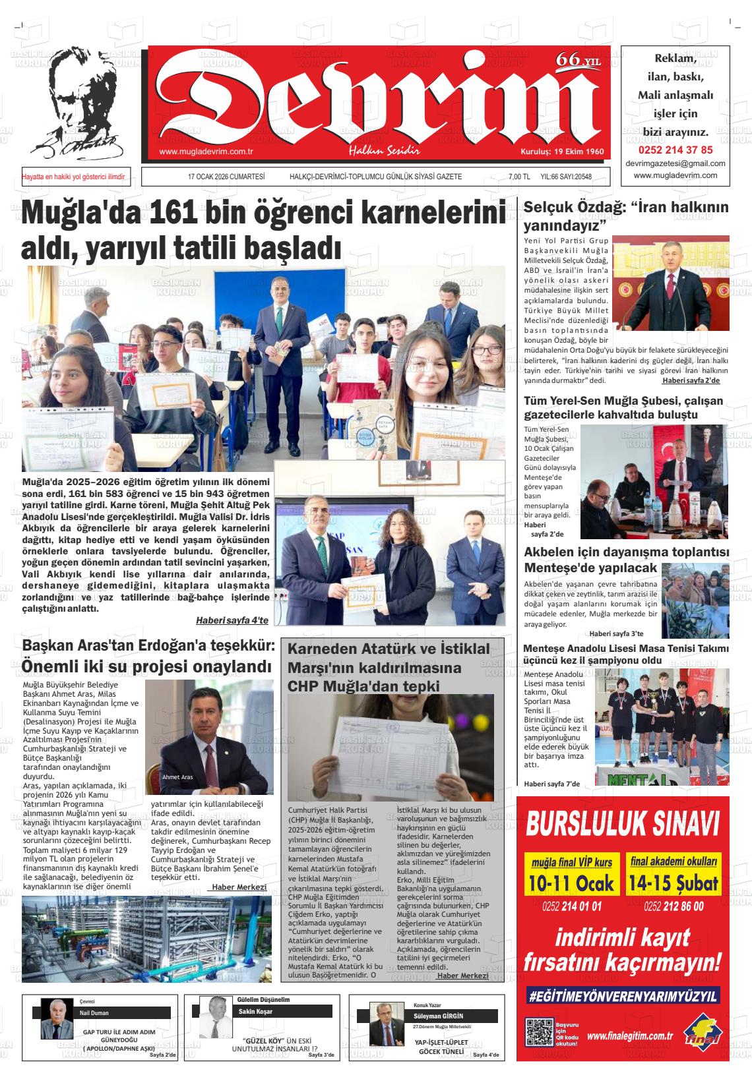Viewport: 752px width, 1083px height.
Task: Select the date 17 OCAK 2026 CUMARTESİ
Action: (x=226, y=177)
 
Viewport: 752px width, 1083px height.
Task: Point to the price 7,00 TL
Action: (x=518, y=177)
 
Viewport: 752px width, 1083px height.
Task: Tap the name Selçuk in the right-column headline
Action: (x=551, y=207)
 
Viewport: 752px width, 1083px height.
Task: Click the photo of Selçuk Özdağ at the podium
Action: (x=671, y=283)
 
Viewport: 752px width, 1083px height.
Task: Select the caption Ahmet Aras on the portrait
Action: (x=177, y=777)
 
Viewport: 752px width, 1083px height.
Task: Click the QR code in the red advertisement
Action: (x=539, y=1032)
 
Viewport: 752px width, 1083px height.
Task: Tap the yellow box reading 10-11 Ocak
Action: (x=571, y=875)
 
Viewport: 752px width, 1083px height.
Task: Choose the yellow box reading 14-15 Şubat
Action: (x=673, y=875)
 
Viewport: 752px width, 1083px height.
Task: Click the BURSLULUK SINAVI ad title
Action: (x=623, y=824)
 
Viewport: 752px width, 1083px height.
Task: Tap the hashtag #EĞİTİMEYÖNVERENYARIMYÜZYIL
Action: (x=623, y=996)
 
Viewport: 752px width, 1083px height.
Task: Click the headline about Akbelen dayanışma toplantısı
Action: (x=626, y=560)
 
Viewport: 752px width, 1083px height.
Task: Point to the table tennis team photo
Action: (x=662, y=727)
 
